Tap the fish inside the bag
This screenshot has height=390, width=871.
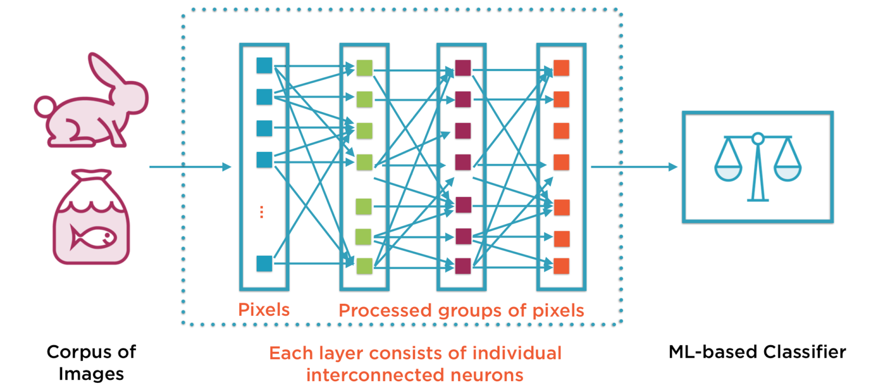click(x=93, y=237)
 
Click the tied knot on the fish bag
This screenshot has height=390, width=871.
click(x=91, y=178)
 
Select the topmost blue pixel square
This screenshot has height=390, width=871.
click(x=264, y=65)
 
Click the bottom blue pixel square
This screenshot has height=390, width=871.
click(x=264, y=264)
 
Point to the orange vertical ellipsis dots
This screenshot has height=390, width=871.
click(x=262, y=212)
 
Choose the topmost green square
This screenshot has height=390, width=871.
click(x=364, y=68)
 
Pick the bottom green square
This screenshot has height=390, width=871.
click(x=364, y=266)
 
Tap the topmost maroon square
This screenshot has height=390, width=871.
click(x=463, y=68)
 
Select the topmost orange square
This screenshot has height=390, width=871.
click(x=561, y=68)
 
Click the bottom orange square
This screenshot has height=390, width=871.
click(x=561, y=266)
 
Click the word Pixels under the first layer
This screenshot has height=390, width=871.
click(x=264, y=310)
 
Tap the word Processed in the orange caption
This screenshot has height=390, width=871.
click(x=385, y=310)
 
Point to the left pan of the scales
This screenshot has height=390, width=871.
click(x=728, y=173)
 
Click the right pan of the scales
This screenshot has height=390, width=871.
click(x=787, y=173)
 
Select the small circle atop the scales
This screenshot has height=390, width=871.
click(x=758, y=139)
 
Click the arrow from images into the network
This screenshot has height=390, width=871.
click(x=191, y=167)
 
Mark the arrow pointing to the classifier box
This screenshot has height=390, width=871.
click(x=634, y=167)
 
